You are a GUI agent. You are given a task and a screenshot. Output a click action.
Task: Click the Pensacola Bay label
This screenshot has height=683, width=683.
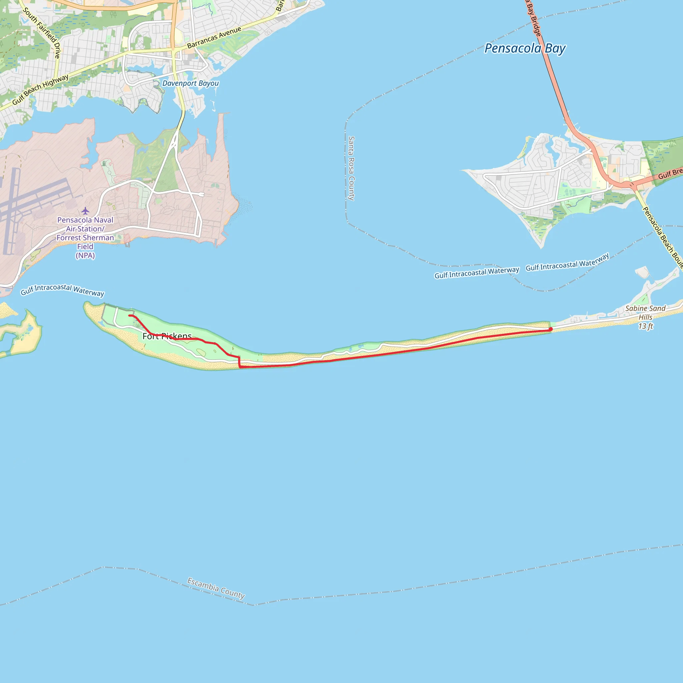point(525,48)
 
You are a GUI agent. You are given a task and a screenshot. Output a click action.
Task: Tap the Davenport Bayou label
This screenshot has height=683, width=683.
point(190,83)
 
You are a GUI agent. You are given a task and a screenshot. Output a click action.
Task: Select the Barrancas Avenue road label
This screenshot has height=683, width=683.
point(214,37)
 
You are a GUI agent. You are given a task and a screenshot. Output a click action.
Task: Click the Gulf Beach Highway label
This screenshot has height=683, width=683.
point(40,90)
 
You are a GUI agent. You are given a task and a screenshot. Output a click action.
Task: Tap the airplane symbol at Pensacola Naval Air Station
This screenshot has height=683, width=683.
point(85,211)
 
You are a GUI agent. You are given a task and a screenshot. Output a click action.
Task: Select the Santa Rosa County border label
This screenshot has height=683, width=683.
point(351,168)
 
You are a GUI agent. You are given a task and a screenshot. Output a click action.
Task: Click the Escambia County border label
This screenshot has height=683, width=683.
point(216,588)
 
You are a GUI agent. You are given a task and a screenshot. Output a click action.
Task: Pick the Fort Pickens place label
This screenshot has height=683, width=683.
point(167,336)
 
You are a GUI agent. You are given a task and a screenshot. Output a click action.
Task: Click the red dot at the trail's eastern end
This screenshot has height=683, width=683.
point(550,329)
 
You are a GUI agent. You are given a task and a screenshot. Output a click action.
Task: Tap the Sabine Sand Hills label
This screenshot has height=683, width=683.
point(645,312)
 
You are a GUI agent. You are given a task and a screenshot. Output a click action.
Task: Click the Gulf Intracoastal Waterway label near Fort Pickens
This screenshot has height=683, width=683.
point(62,289)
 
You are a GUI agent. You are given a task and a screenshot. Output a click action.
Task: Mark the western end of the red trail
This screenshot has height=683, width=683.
point(130,315)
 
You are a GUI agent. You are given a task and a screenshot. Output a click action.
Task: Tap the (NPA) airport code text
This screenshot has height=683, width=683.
point(85,255)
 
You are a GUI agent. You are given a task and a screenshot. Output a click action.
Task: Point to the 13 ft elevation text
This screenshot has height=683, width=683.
point(645,326)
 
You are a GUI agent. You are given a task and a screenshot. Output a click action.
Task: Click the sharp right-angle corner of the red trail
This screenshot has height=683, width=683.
point(240,367)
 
